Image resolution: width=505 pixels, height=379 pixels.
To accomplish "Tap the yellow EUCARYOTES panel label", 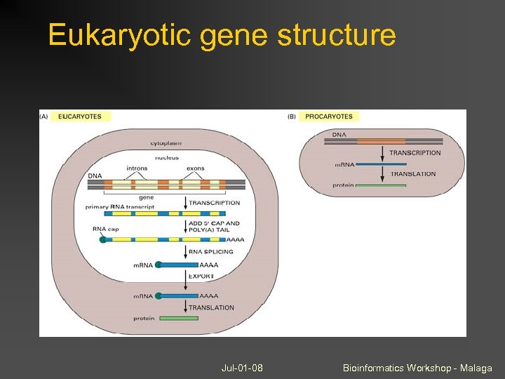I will click(x=80, y=117).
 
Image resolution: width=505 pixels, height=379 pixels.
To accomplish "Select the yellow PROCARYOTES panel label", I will click(x=329, y=117).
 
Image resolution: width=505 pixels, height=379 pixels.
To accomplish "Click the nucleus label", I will click(x=167, y=158).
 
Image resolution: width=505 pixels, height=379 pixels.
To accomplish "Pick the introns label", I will click(x=137, y=168).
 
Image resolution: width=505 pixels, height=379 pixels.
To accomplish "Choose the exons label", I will click(x=196, y=168).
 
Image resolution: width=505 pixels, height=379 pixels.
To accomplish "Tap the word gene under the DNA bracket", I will click(x=146, y=197).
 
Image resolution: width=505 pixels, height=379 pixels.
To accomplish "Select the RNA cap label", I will click(x=105, y=228).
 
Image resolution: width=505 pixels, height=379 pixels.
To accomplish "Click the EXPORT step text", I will click(x=202, y=277).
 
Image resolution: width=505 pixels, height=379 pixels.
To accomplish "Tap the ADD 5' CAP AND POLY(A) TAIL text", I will click(x=214, y=227).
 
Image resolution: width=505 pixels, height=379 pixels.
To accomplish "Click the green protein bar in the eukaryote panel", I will click(x=178, y=319).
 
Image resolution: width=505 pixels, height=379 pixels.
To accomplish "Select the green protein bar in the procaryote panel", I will click(x=381, y=185).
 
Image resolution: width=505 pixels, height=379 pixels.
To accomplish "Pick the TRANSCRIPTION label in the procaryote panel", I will click(x=415, y=153).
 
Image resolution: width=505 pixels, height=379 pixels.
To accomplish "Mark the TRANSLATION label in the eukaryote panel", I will click(x=211, y=307).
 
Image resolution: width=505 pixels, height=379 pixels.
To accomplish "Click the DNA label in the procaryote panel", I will click(x=339, y=134).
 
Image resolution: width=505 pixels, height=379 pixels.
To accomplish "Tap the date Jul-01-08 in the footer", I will click(x=242, y=368).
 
